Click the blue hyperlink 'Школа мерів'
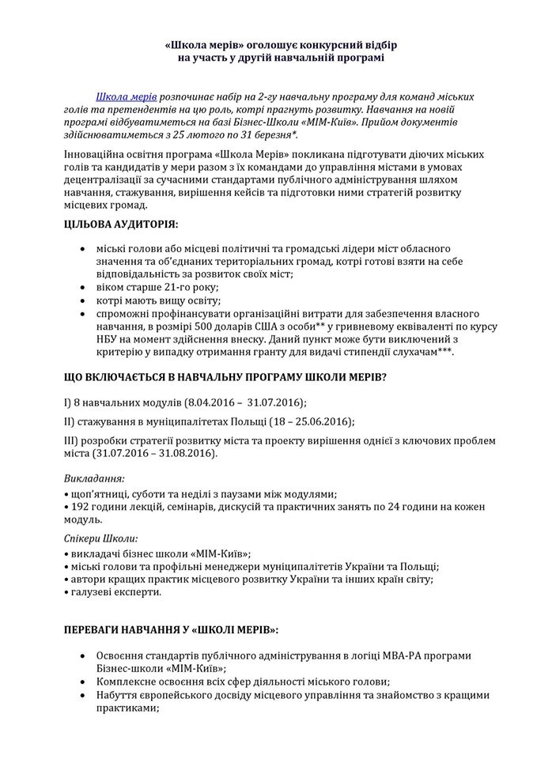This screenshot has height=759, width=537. point(127,96)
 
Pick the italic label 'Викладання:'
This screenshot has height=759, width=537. point(93,479)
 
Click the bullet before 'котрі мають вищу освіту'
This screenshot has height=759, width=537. point(85,301)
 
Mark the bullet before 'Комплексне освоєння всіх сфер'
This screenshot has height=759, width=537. point(85,681)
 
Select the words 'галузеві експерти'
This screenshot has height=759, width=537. point(115,591)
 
